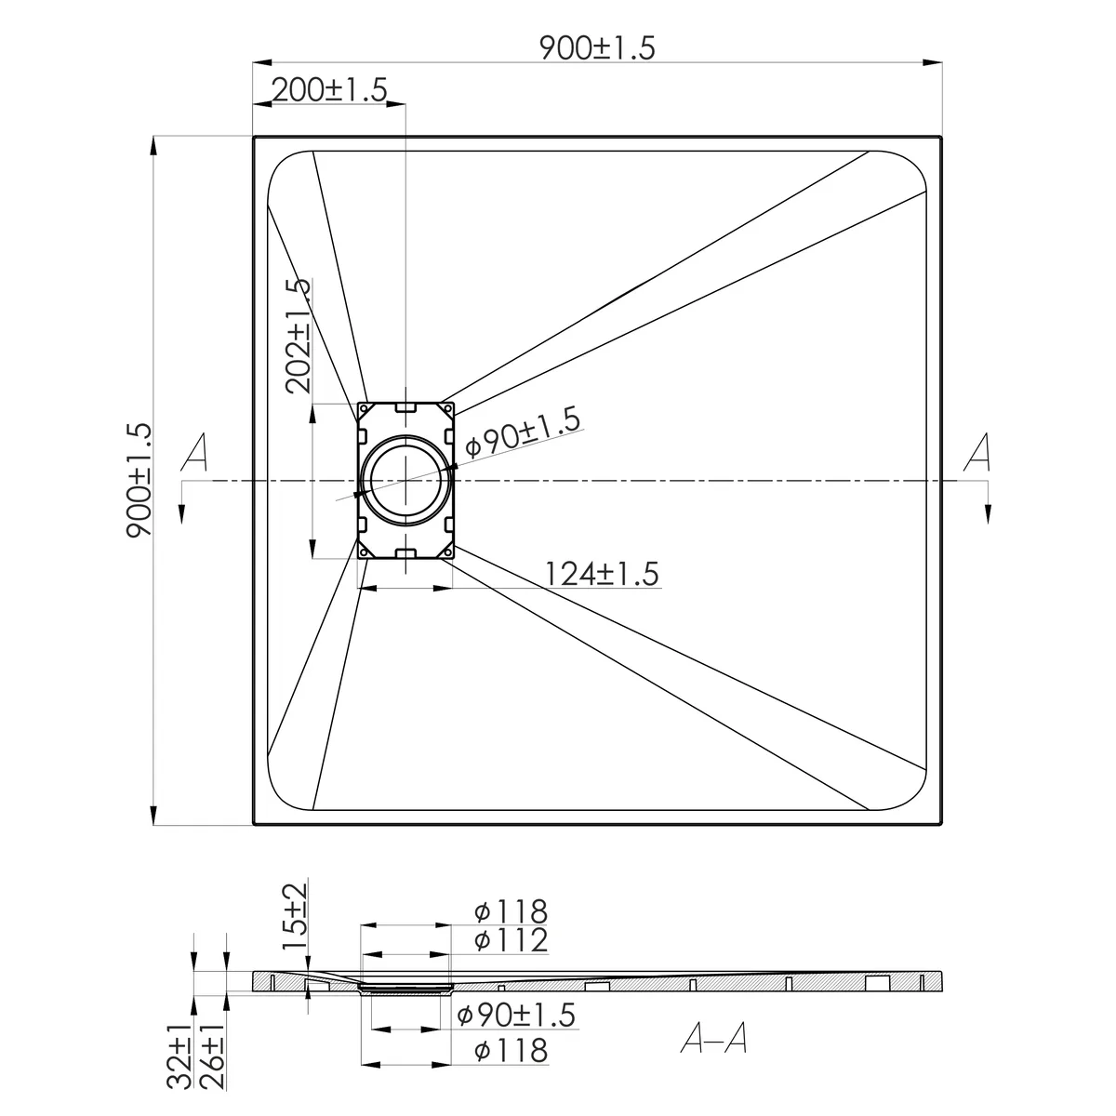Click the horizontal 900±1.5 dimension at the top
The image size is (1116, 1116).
tap(597, 48)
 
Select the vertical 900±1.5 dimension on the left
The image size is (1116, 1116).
tap(139, 480)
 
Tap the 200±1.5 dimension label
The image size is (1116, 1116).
tap(329, 90)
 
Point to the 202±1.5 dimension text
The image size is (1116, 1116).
tap(299, 336)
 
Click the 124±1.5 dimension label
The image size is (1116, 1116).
tap(603, 574)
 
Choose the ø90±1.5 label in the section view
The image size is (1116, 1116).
tap(516, 1016)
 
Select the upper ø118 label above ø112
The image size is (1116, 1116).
tap(511, 911)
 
